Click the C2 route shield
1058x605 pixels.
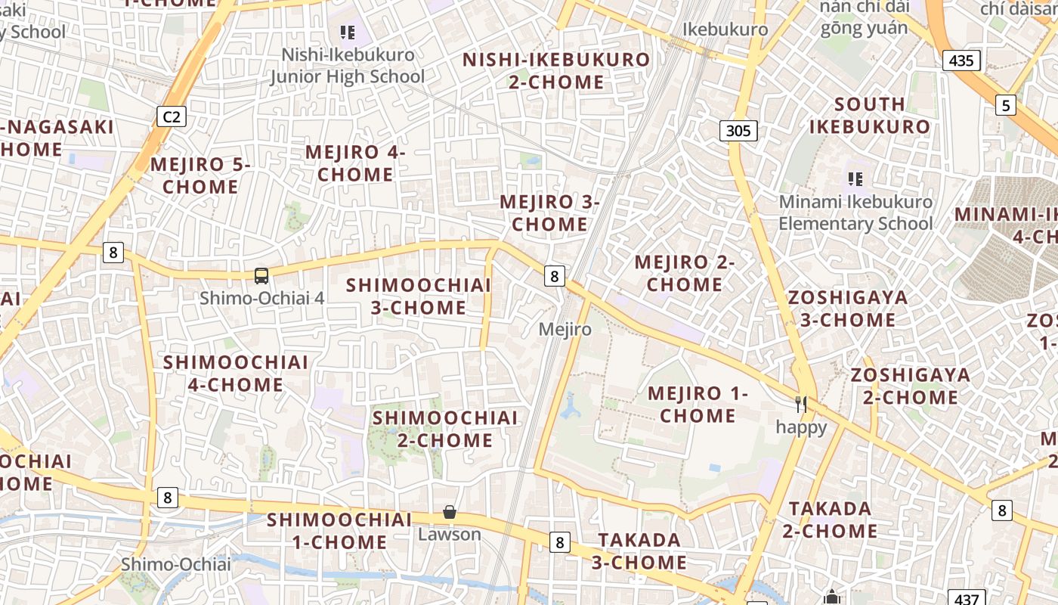click(x=172, y=116)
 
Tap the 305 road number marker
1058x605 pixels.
click(x=738, y=131)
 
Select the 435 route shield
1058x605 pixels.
click(x=961, y=60)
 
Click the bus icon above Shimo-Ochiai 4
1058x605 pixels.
click(x=261, y=276)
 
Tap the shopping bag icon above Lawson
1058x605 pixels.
click(x=450, y=512)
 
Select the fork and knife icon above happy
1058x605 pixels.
click(x=801, y=405)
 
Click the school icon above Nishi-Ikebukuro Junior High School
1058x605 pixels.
click(x=348, y=33)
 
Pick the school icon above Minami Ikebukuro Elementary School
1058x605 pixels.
click(x=855, y=179)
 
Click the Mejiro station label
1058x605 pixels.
click(x=565, y=330)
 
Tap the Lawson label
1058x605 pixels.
click(x=450, y=534)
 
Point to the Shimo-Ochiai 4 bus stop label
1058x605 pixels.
click(x=261, y=298)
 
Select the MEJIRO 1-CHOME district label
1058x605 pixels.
click(x=698, y=405)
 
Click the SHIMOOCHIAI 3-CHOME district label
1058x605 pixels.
click(x=419, y=296)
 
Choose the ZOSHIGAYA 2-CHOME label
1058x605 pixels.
click(x=910, y=386)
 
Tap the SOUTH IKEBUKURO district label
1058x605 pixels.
click(x=869, y=115)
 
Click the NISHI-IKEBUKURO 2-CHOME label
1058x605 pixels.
click(x=556, y=70)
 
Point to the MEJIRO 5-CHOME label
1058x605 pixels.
click(x=200, y=175)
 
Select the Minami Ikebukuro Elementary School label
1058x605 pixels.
click(x=855, y=213)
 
